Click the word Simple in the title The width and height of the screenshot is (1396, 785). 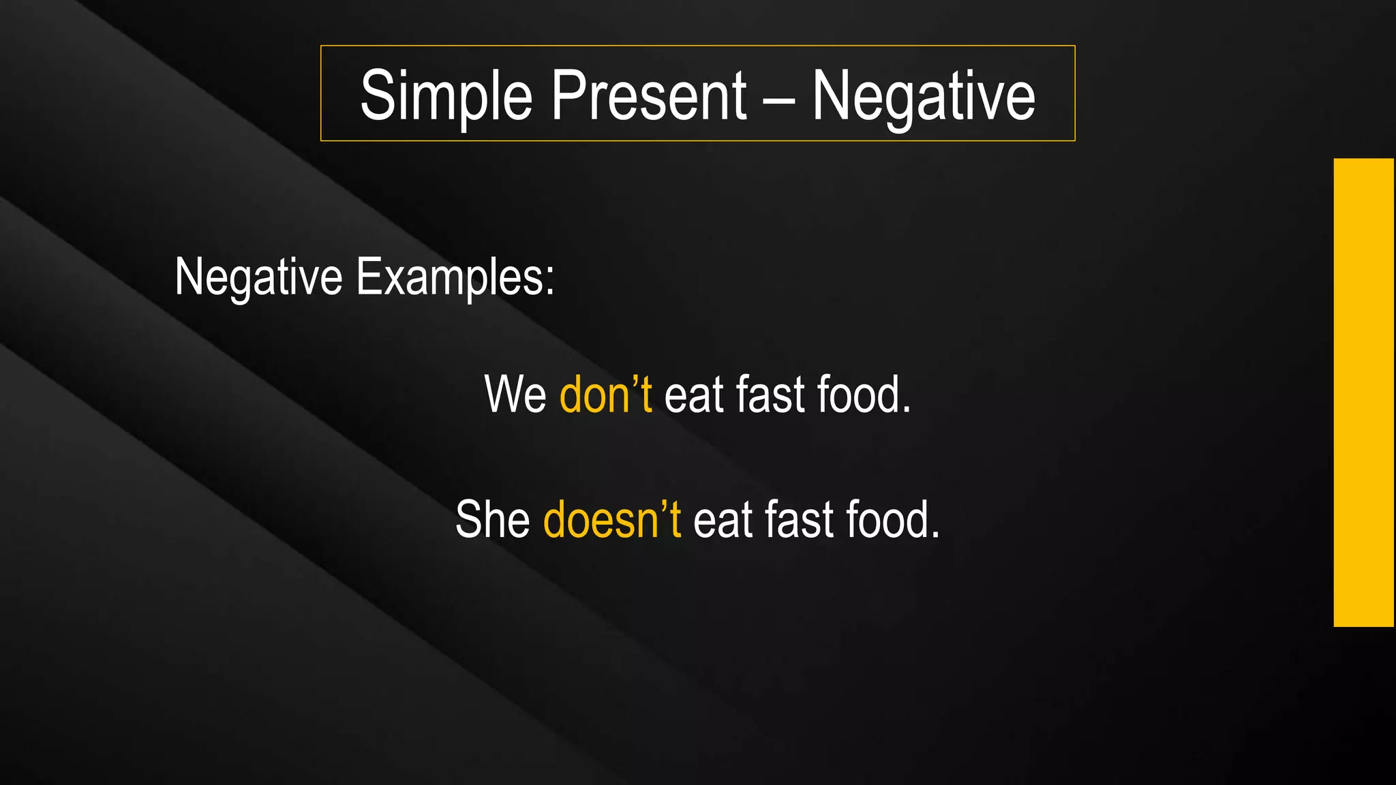click(x=446, y=96)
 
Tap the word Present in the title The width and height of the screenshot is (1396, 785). click(x=648, y=96)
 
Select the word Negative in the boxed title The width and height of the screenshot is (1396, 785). click(x=923, y=96)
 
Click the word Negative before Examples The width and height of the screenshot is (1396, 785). click(x=258, y=277)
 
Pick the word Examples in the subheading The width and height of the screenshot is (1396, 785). click(x=450, y=277)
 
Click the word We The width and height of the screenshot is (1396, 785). click(x=515, y=395)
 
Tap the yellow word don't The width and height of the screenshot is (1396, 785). click(x=605, y=395)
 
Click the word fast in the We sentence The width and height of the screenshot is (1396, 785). click(x=770, y=395)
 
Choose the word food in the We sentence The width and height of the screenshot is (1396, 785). click(x=858, y=395)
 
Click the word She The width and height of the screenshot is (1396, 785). click(x=492, y=520)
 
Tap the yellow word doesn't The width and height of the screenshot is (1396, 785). click(x=611, y=520)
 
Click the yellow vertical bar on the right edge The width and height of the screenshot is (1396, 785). click(x=1363, y=392)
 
